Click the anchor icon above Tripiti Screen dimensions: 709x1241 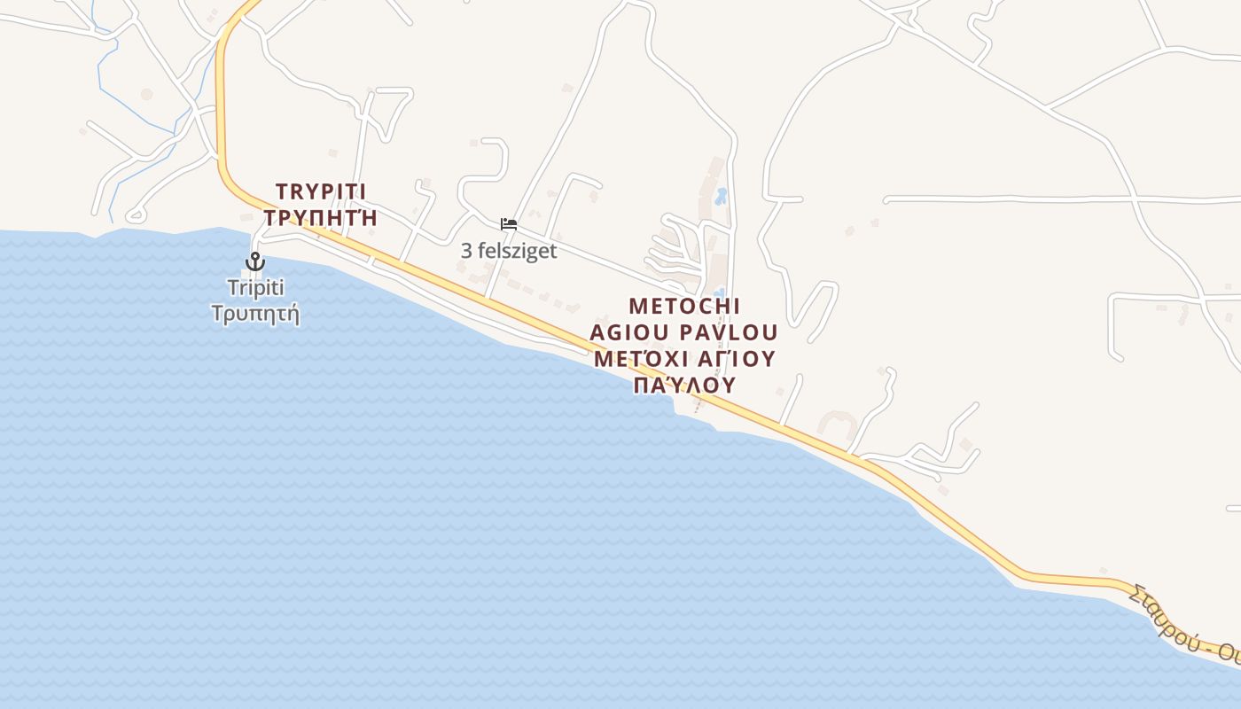click(x=255, y=261)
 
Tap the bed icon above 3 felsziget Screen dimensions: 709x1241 click(x=509, y=224)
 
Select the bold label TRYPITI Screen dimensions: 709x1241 click(x=321, y=191)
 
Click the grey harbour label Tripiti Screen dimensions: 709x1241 click(x=255, y=287)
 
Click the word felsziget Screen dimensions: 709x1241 click(x=518, y=251)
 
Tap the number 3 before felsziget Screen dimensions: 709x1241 click(x=466, y=251)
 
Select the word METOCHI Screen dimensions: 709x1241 click(x=684, y=306)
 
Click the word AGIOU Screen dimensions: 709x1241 click(x=630, y=332)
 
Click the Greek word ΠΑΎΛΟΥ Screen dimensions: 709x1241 click(x=684, y=386)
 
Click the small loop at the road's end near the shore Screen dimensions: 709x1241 click(x=136, y=214)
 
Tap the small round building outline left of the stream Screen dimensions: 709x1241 click(x=146, y=94)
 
